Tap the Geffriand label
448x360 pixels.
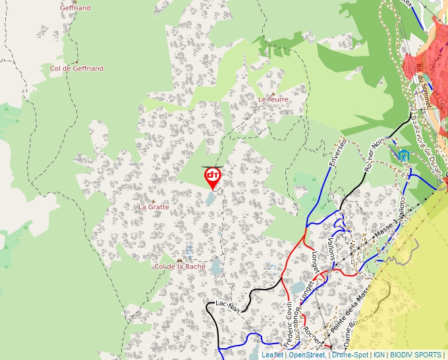75,8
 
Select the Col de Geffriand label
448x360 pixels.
76,68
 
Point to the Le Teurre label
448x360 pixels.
273,99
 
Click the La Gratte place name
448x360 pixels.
154,207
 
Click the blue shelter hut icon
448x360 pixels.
404,155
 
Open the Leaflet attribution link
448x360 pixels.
272,355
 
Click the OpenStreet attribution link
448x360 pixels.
307,355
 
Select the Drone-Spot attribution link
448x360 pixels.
350,355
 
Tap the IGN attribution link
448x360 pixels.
379,355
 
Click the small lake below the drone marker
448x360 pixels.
210,199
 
